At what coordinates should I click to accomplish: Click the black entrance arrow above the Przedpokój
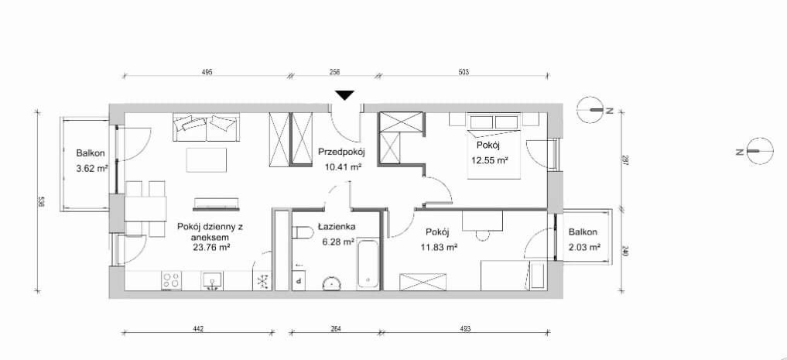tap(345, 95)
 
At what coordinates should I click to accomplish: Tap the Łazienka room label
tap(337, 227)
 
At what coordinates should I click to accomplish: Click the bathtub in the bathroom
tap(369, 265)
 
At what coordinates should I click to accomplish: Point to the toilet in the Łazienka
tap(303, 232)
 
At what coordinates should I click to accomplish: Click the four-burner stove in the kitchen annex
tap(172, 280)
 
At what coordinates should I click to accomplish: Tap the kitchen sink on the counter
tap(214, 280)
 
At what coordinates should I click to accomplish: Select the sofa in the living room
tap(207, 128)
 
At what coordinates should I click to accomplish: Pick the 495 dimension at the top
tap(207, 72)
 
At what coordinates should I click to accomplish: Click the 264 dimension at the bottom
tap(336, 329)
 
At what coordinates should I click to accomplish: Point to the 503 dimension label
tap(464, 72)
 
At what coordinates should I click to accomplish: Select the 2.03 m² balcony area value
tap(585, 246)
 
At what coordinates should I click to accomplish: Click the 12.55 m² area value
tap(490, 160)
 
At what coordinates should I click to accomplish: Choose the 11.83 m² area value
tap(437, 246)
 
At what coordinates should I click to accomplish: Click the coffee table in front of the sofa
tap(207, 159)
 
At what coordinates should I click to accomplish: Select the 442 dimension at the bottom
tap(198, 329)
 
